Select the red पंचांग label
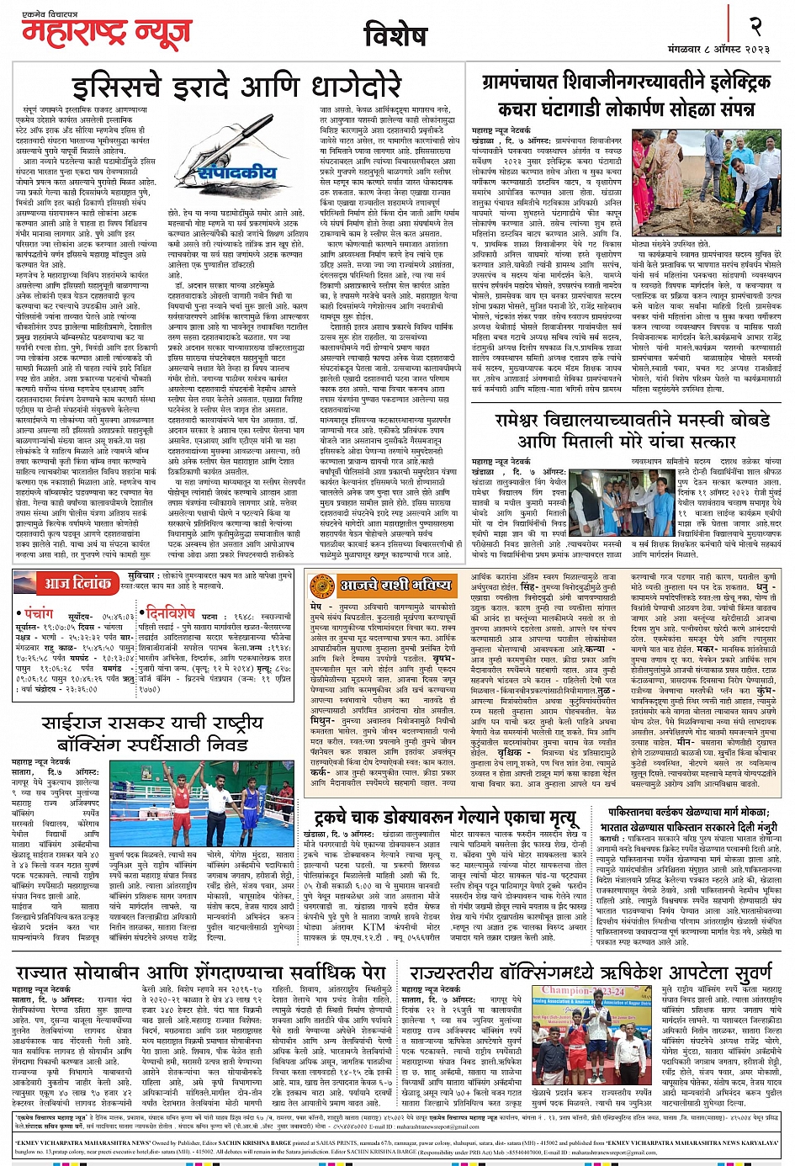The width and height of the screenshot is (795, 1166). tap(39, 613)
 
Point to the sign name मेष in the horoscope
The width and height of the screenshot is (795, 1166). tap(315, 606)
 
